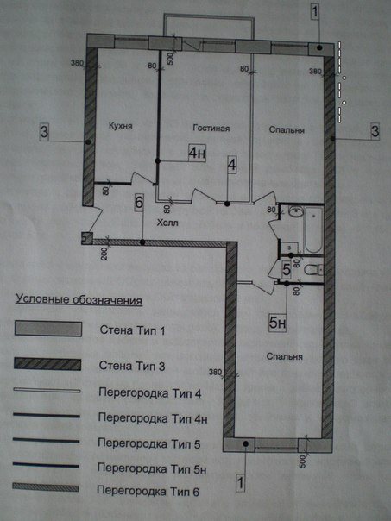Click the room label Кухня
[121, 126]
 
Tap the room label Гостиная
[211, 128]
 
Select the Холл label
[167, 223]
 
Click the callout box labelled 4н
[197, 153]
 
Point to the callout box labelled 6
[139, 203]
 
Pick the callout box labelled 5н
[277, 323]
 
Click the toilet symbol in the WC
[313, 269]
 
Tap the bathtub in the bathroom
[313, 229]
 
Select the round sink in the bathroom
[295, 211]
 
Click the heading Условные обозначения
[79, 300]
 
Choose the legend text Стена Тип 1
[132, 330]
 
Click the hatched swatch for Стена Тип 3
[47, 364]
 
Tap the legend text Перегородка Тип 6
[148, 491]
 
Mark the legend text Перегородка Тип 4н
[153, 418]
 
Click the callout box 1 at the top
[315, 12]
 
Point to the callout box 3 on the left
[44, 132]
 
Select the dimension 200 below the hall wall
[104, 254]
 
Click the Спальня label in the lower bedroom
[285, 356]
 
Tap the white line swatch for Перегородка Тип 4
[47, 391]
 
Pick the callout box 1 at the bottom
[241, 482]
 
